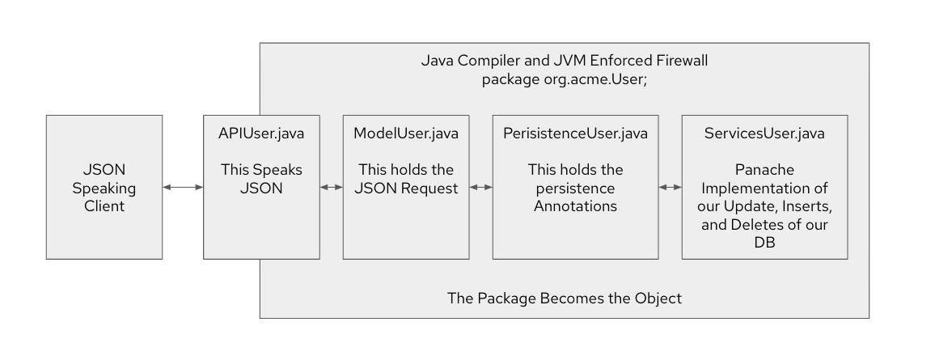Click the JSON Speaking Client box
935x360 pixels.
[x=104, y=187]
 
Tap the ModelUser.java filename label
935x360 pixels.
[x=405, y=133]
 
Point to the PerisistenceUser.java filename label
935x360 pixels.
[x=574, y=133]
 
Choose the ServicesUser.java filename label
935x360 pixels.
[x=764, y=133]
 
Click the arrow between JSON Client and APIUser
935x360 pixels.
[x=182, y=188]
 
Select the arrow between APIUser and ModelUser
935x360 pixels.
[x=331, y=188]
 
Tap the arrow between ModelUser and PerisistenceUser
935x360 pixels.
[x=481, y=188]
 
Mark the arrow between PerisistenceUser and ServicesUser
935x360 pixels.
[x=669, y=188]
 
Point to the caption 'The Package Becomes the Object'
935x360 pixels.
[x=564, y=299]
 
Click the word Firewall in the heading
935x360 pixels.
[x=681, y=61]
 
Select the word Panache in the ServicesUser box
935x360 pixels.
[x=764, y=171]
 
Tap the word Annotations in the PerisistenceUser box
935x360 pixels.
[x=575, y=206]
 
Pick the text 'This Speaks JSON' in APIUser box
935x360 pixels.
[x=260, y=179]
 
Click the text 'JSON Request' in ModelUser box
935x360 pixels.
[x=405, y=188]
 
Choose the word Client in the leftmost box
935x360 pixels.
[x=104, y=206]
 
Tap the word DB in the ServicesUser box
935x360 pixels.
[x=764, y=242]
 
